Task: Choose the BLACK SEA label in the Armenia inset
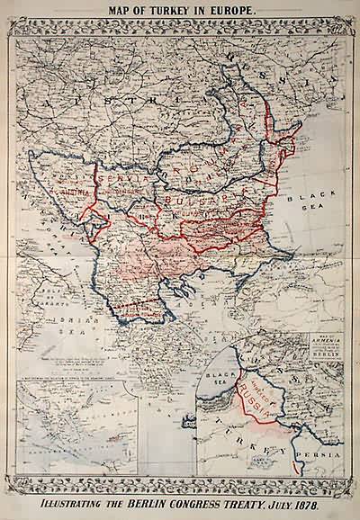(220, 371)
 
